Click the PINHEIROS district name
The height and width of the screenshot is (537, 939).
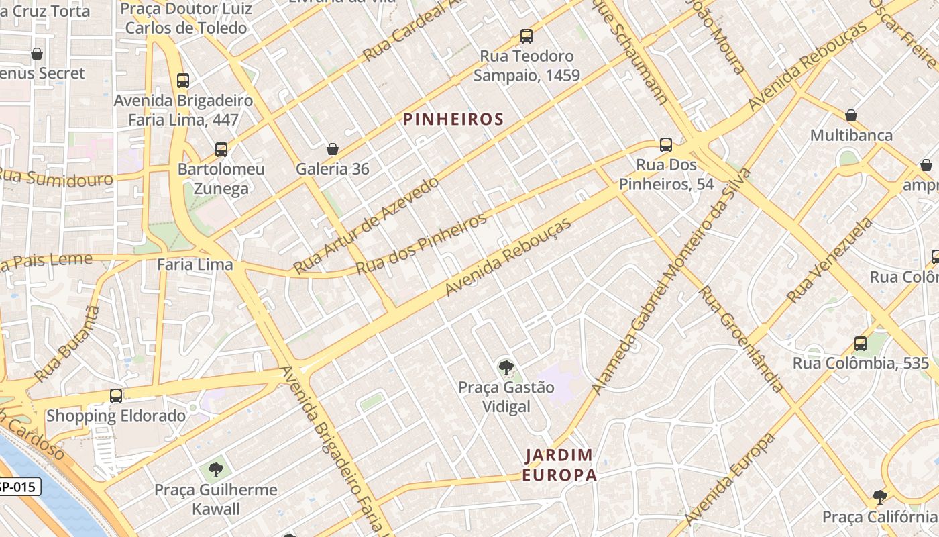click(453, 119)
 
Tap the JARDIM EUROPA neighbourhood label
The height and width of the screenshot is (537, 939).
click(560, 465)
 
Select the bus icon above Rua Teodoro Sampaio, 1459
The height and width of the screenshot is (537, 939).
click(527, 36)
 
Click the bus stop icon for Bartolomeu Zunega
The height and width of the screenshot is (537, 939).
click(221, 150)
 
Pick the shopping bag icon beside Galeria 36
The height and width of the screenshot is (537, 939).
click(333, 149)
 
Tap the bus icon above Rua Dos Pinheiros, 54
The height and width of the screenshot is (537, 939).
click(666, 145)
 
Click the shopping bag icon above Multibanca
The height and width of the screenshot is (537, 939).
click(851, 115)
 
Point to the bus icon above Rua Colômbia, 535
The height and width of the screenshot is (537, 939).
click(861, 344)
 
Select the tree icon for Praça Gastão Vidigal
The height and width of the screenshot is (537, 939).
click(506, 367)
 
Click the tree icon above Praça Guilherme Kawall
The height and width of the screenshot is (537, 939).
click(215, 469)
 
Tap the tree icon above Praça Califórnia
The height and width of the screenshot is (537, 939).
click(879, 497)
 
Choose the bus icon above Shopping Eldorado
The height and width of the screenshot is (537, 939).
click(116, 396)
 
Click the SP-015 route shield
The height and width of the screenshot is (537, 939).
click(19, 487)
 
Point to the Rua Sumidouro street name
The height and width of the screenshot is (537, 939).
click(55, 178)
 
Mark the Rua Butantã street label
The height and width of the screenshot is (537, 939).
click(67, 344)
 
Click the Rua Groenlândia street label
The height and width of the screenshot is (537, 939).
click(740, 339)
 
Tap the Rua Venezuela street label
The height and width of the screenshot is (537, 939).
click(830, 260)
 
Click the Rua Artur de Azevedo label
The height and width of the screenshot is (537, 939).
click(366, 225)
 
